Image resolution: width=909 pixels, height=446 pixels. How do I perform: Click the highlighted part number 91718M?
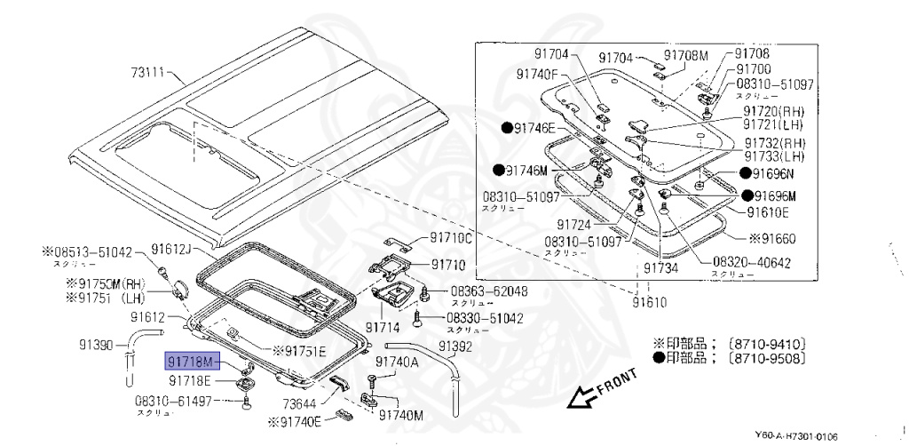[190, 363]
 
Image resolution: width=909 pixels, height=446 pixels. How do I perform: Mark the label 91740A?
[397, 362]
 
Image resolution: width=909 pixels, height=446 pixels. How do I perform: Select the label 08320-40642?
[752, 263]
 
